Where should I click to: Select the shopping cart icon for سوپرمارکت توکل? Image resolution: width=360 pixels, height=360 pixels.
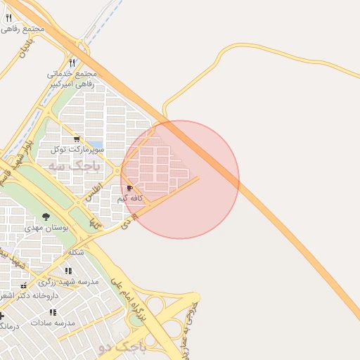point(77,139)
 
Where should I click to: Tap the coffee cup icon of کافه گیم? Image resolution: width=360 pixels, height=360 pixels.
point(129,188)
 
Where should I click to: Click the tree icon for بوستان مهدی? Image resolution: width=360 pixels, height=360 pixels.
point(46,217)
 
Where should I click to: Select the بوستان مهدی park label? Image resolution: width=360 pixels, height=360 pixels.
point(45,228)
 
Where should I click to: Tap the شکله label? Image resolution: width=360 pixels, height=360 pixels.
point(76,252)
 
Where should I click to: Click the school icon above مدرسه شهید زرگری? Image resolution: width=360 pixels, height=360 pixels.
point(68,271)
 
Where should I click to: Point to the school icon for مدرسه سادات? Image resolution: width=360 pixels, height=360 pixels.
point(53,311)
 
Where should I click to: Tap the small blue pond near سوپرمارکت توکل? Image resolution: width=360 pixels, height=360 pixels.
point(96,145)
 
